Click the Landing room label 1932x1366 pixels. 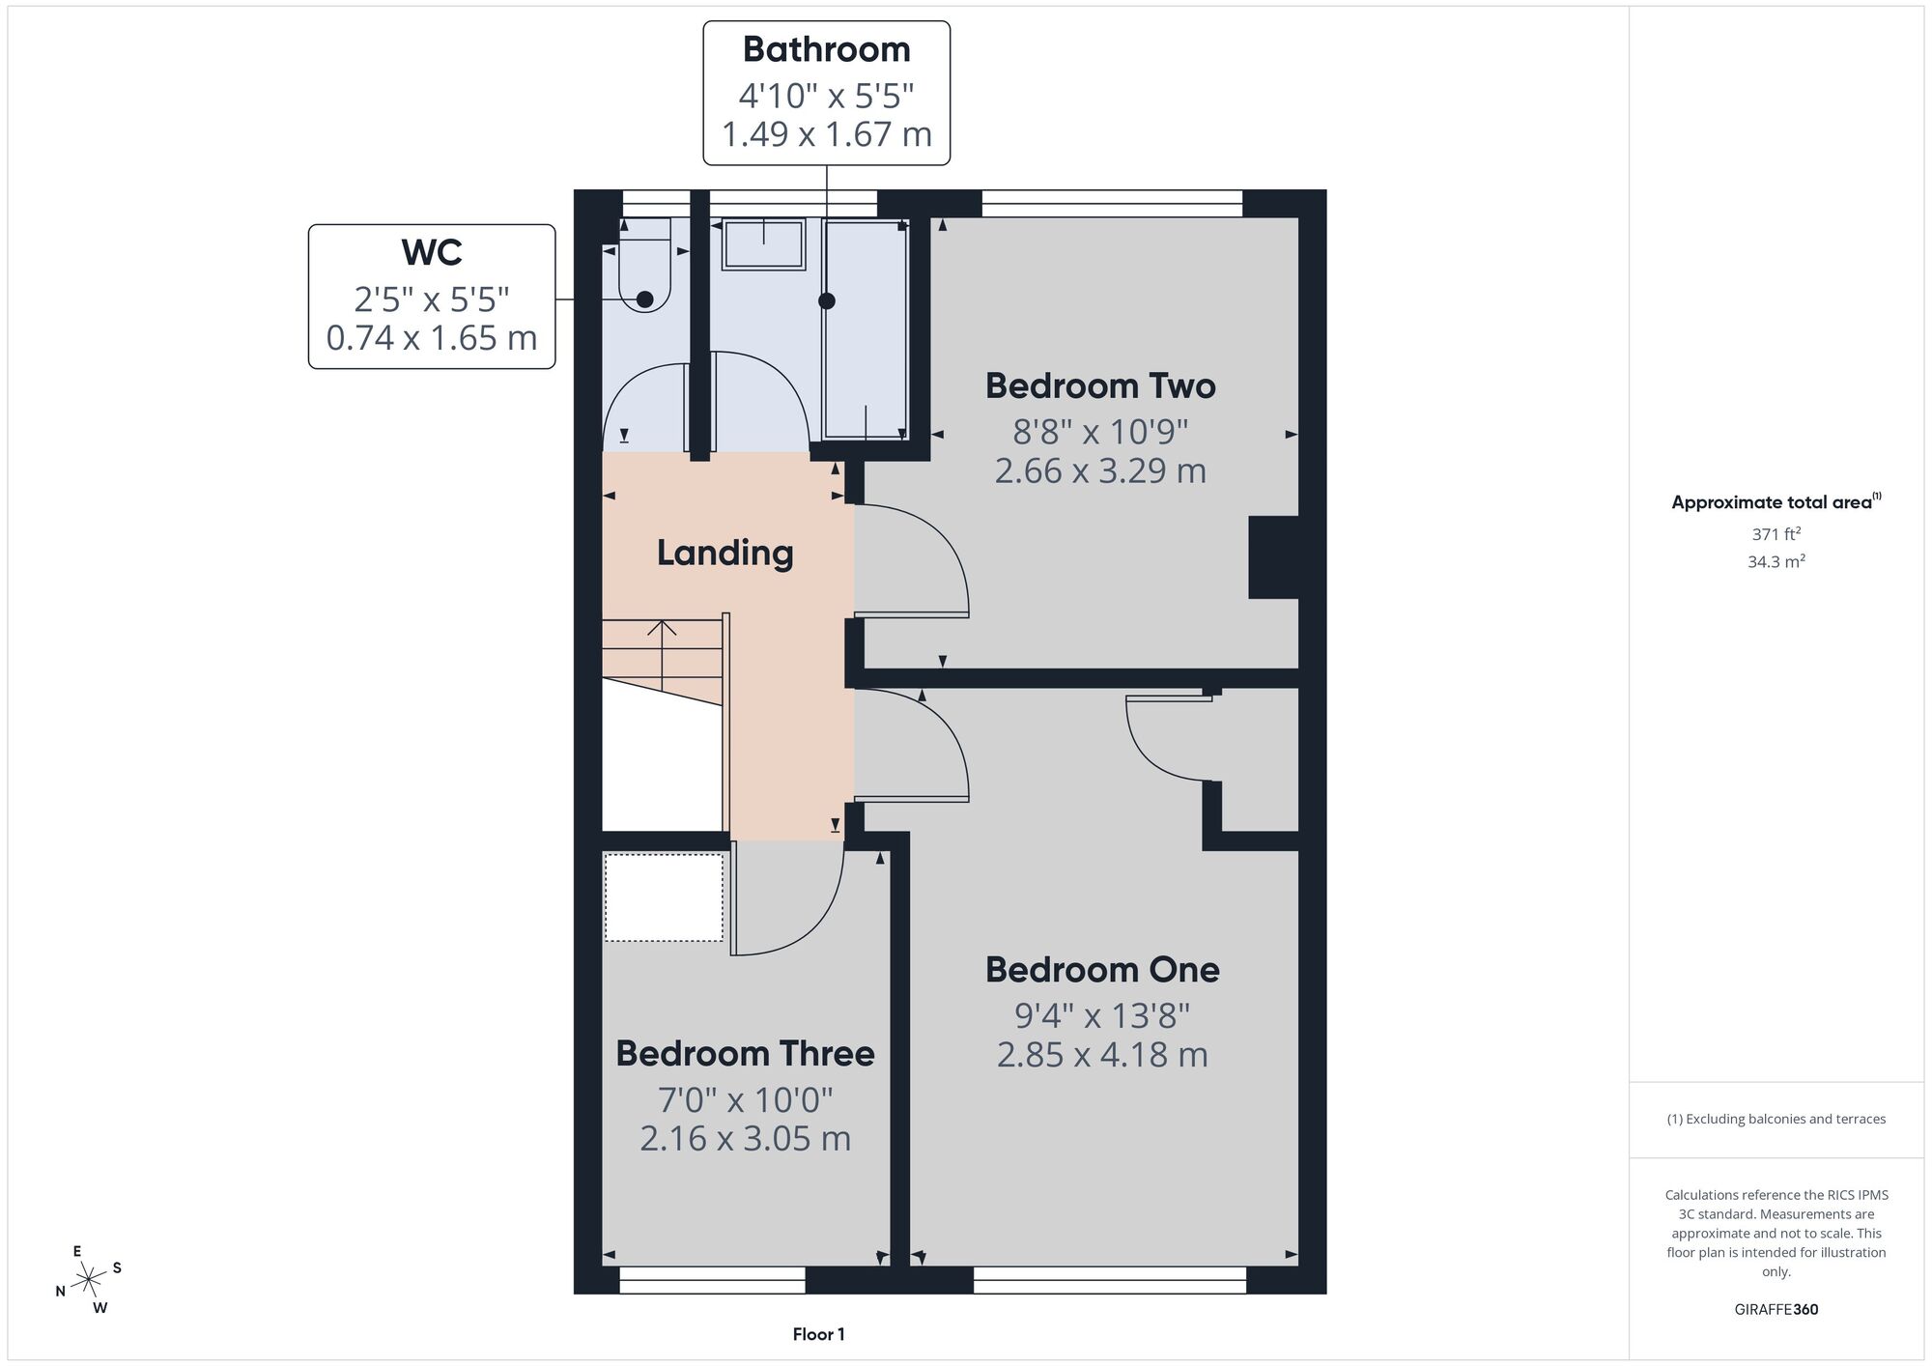[x=724, y=554]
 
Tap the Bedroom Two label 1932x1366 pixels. [x=1100, y=385]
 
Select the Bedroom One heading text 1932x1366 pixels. [x=1102, y=969]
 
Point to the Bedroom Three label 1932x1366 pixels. [x=745, y=1053]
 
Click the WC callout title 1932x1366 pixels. [x=432, y=252]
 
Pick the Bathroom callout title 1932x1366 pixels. [x=826, y=49]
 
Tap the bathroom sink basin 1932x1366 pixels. [x=764, y=244]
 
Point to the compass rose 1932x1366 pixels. [x=89, y=1280]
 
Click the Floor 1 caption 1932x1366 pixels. [x=818, y=1334]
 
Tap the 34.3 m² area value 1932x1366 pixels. [x=1776, y=561]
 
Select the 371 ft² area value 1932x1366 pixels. [x=1776, y=533]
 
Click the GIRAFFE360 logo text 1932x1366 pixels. [x=1776, y=1310]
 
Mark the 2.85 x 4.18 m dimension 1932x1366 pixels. [x=1102, y=1055]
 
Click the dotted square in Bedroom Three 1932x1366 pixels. [x=664, y=897]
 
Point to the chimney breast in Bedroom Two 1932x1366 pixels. [x=1273, y=557]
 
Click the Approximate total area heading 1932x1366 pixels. [x=1776, y=501]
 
